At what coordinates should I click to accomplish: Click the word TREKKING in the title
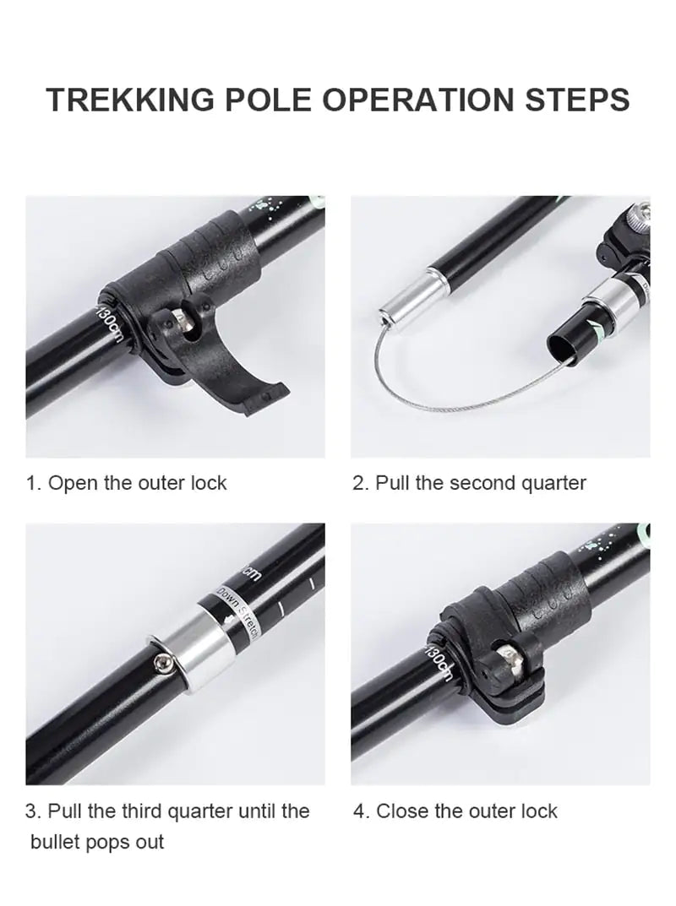pyautogui.click(x=129, y=100)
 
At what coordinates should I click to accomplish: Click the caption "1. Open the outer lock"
pyautogui.click(x=127, y=483)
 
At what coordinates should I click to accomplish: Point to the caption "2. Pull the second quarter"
pyautogui.click(x=469, y=483)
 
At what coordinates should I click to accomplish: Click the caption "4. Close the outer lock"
pyautogui.click(x=455, y=811)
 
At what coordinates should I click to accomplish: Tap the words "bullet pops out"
pyautogui.click(x=97, y=842)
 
